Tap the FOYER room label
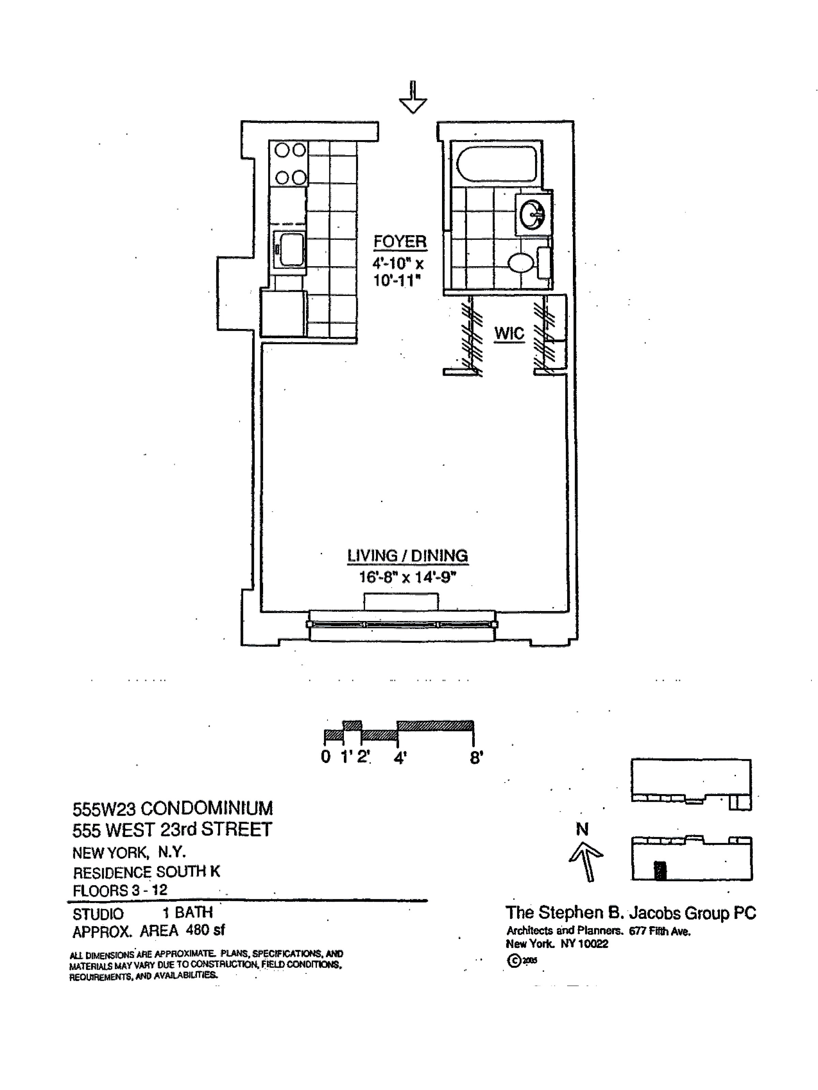pos(399,242)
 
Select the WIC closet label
pos(509,333)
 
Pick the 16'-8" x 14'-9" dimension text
pos(407,577)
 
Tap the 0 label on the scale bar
pos(325,757)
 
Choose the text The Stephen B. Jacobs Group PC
pos(630,913)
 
